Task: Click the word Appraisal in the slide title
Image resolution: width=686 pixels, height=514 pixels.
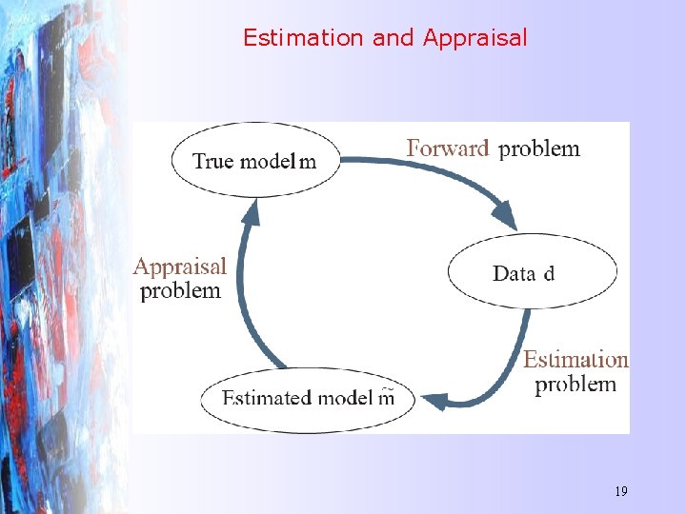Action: [474, 38]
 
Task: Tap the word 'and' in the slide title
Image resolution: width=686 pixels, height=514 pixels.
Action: [393, 38]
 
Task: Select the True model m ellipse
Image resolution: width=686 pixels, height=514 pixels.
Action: [255, 160]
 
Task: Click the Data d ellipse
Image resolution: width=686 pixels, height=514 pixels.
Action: [532, 272]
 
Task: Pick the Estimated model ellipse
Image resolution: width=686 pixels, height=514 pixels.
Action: [309, 397]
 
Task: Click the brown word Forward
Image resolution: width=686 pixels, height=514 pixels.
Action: [448, 148]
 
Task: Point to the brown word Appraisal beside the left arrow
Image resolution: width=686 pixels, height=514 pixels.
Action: [180, 267]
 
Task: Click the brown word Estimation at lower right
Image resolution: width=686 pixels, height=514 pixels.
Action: [575, 360]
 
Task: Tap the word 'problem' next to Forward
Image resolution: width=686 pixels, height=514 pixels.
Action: [539, 148]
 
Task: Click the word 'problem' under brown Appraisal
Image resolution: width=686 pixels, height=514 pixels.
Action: [180, 291]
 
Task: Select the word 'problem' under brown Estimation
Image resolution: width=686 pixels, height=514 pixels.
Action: [575, 385]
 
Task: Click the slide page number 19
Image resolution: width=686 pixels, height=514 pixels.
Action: [621, 491]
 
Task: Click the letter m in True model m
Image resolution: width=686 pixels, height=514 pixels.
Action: [307, 162]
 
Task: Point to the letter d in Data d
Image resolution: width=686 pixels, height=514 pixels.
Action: [549, 274]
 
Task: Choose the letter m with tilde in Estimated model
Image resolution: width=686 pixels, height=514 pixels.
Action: [385, 397]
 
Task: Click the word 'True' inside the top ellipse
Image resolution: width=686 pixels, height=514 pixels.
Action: [213, 161]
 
